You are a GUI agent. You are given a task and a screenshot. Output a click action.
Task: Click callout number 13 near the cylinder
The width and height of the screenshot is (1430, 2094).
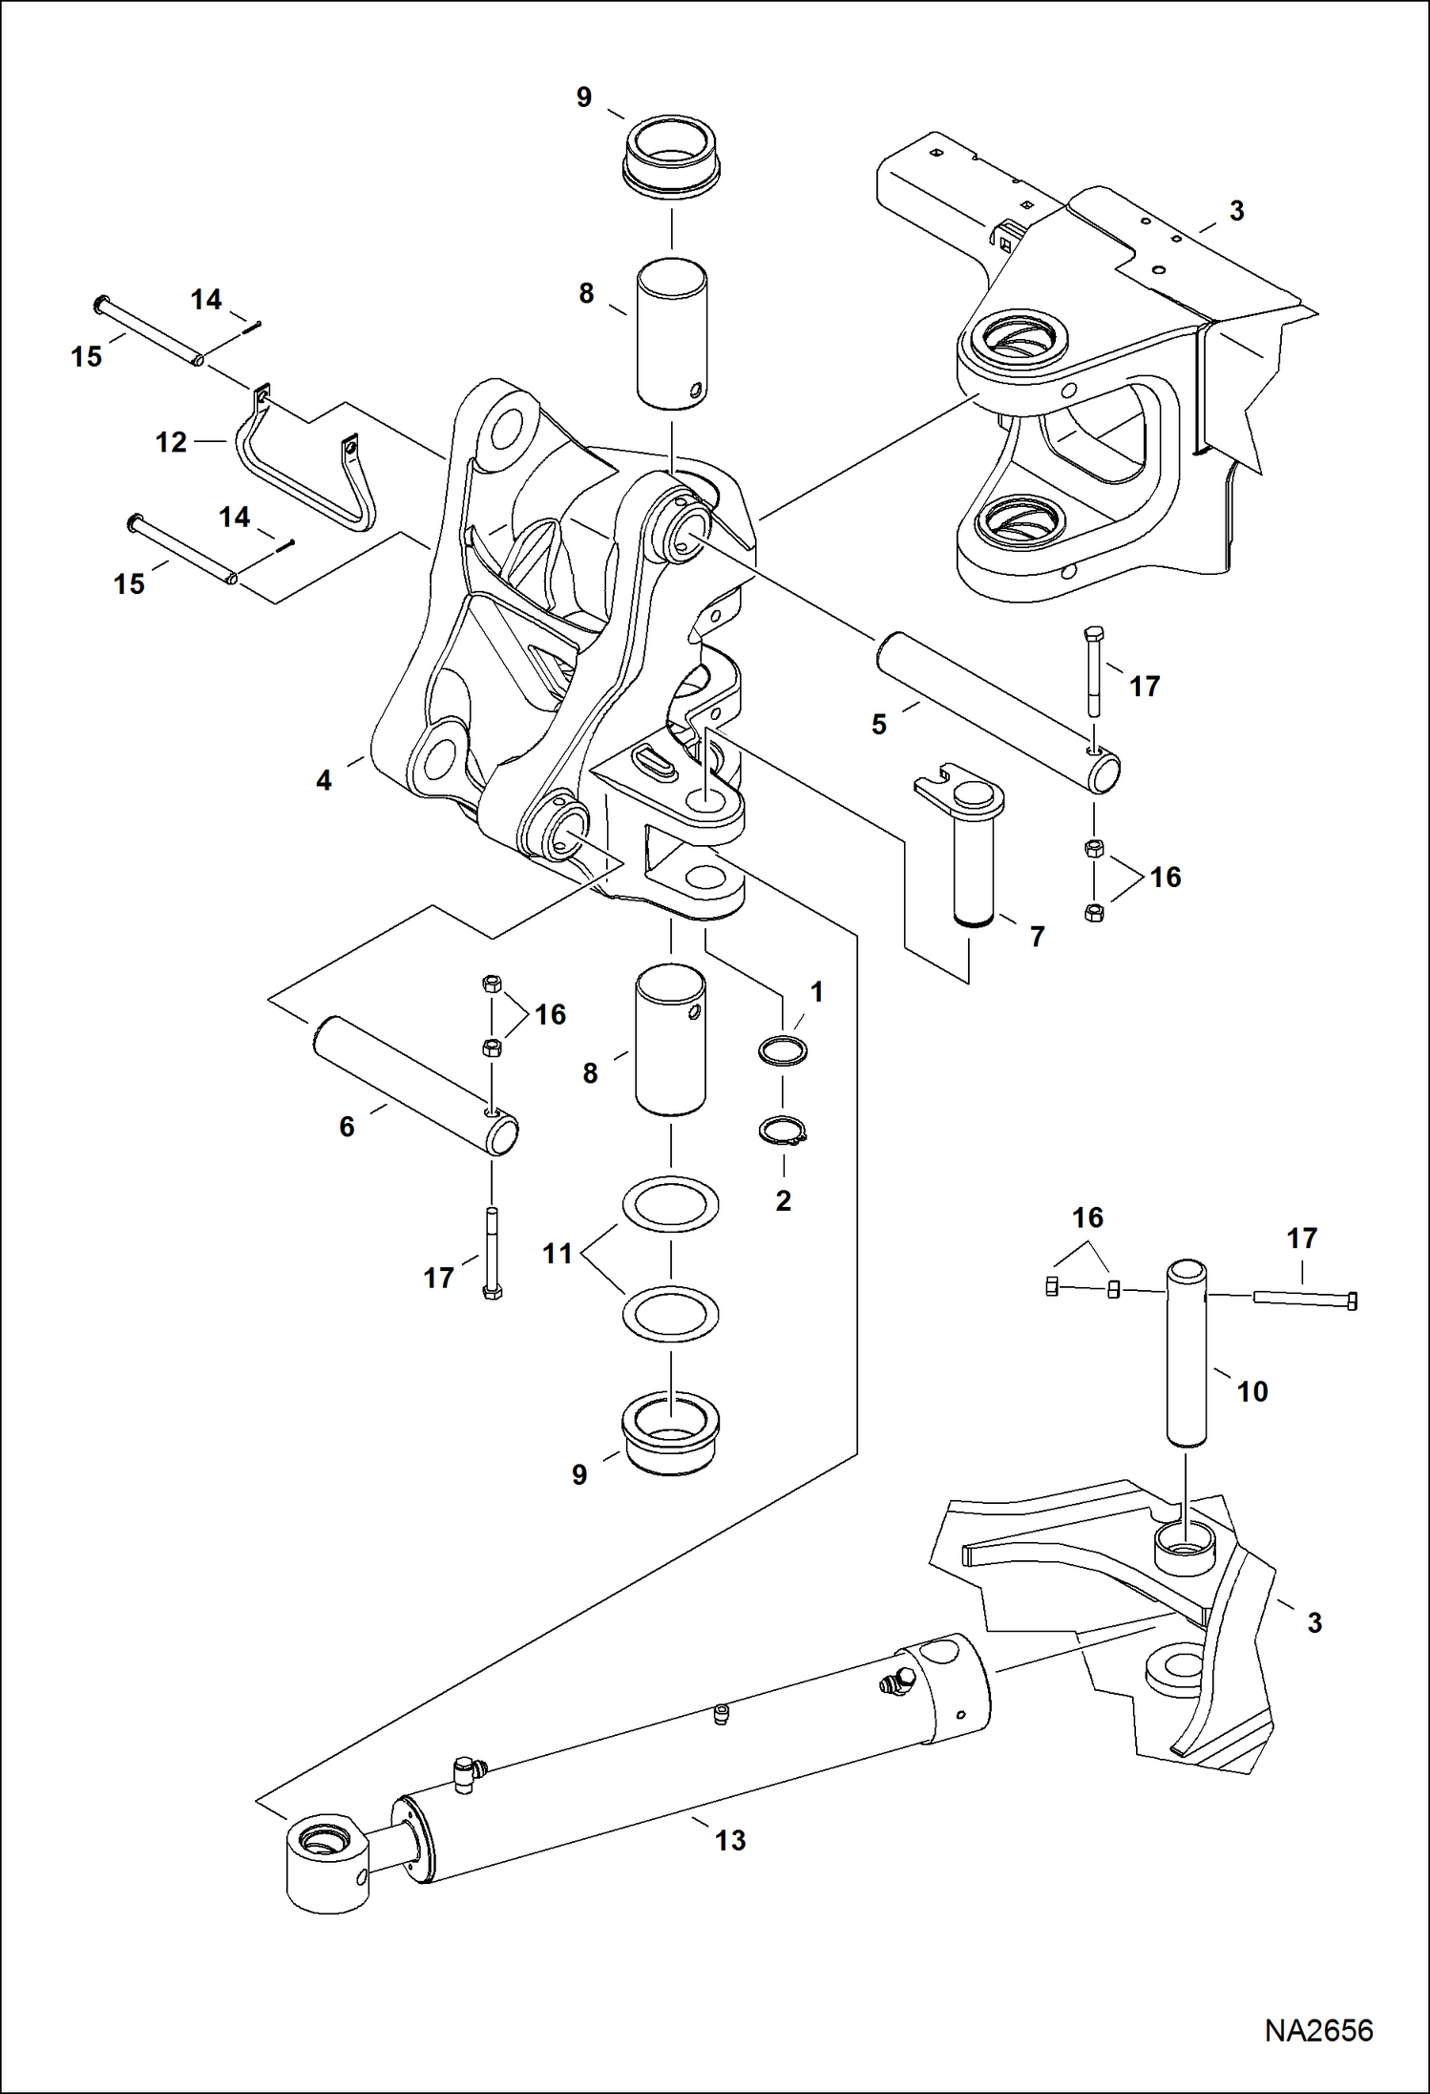730,1840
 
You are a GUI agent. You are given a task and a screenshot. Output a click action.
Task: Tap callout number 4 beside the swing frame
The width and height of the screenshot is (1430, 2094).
324,780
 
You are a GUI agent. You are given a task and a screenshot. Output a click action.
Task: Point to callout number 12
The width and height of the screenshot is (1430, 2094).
171,442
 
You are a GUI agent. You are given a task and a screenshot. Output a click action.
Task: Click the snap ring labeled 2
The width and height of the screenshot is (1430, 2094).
784,1132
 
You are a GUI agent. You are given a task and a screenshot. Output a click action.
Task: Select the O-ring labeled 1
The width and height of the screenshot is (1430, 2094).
782,1050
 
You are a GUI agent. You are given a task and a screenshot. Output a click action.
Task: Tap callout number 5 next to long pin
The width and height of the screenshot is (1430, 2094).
879,724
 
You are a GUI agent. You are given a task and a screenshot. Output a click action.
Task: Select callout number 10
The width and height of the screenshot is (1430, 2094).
1252,1391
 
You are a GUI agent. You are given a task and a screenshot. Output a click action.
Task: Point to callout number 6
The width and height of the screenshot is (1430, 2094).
347,1126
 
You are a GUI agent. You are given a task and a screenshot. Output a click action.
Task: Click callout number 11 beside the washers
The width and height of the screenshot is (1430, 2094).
557,1253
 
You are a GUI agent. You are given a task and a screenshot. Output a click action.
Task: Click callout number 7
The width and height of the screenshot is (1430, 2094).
1038,937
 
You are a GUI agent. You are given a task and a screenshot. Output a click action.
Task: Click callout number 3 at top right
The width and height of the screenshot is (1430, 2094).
1236,211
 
